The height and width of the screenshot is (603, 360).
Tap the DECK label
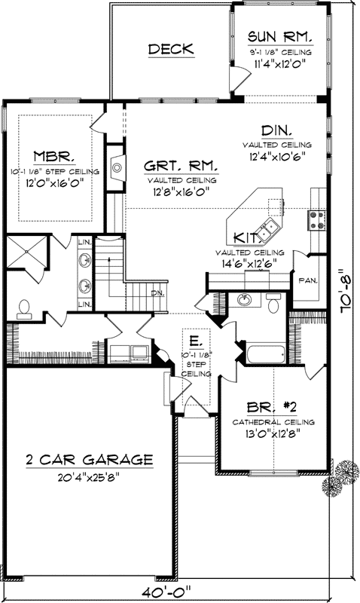171,50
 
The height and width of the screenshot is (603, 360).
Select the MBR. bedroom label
53,157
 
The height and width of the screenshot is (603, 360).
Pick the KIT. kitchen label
246,237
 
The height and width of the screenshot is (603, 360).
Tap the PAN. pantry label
308,280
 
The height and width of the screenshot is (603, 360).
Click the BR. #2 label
273,406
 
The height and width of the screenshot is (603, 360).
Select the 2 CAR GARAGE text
89,459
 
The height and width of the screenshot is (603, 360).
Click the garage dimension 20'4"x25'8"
89,476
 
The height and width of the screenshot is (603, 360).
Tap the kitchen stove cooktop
316,219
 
